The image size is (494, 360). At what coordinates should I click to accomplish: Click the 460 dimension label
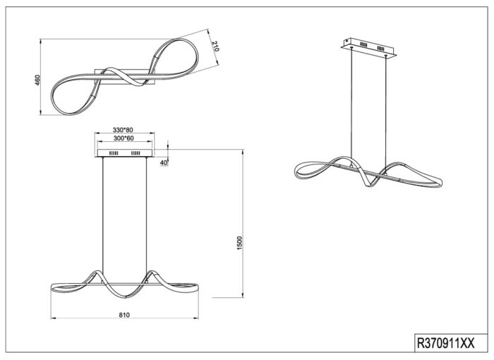(37, 80)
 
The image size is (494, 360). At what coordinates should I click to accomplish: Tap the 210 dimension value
(215, 46)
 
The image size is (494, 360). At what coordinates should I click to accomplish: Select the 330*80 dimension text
(123, 130)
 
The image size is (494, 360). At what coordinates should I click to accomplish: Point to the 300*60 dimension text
(123, 138)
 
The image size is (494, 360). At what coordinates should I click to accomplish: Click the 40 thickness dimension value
(164, 162)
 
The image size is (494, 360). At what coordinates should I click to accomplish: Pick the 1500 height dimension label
(240, 243)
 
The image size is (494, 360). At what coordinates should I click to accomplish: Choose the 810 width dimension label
(124, 315)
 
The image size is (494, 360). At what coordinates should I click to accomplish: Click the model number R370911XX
(445, 342)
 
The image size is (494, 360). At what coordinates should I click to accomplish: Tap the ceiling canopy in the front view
(125, 153)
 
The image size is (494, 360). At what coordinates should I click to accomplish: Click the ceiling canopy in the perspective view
(368, 48)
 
